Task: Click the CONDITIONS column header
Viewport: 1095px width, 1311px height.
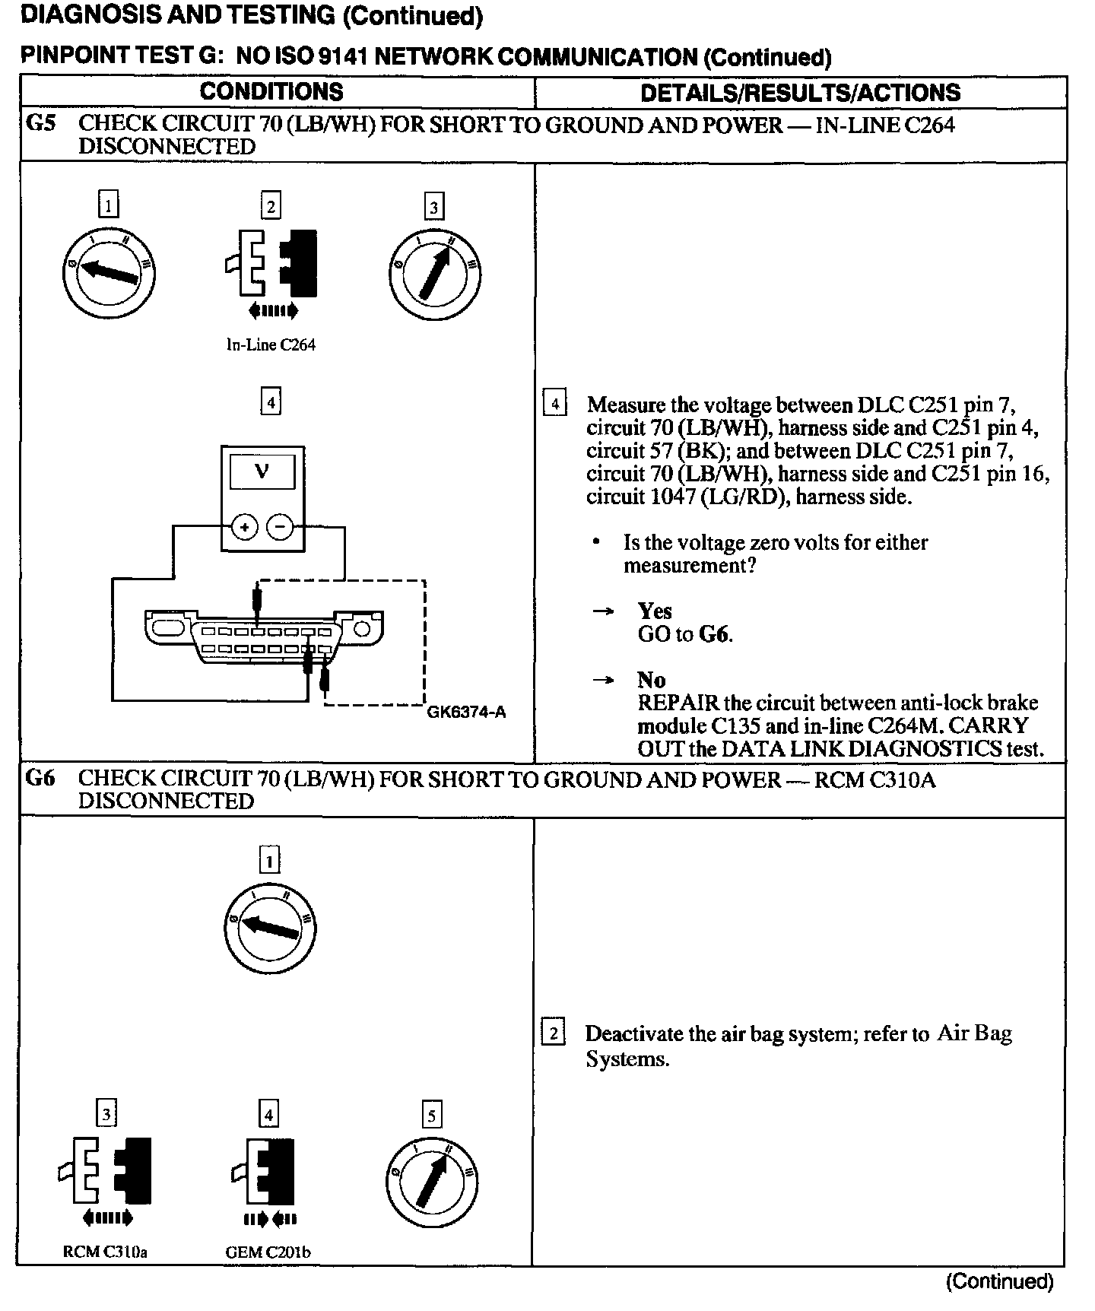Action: pos(271,92)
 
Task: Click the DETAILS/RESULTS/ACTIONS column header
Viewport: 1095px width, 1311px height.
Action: pos(800,93)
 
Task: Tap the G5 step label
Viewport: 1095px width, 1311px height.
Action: pos(41,124)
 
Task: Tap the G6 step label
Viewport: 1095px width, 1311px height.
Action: pos(41,778)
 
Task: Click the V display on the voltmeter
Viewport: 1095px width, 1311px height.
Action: pos(262,471)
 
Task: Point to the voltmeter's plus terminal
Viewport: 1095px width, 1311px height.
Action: pos(245,526)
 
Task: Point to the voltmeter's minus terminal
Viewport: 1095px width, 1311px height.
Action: pos(281,526)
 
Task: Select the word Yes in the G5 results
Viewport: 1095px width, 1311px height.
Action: pos(655,611)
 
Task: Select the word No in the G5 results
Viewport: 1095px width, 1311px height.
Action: pos(652,680)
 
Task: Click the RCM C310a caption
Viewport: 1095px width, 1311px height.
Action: pos(105,1252)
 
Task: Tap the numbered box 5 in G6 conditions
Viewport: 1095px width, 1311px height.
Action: pos(431,1116)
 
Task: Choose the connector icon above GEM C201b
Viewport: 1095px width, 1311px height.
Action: pos(264,1171)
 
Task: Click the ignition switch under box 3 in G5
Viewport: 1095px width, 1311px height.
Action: pos(433,273)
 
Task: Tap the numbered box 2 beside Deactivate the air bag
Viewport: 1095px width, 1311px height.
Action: pos(553,1033)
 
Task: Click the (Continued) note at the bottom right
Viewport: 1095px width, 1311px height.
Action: pos(999,1282)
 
